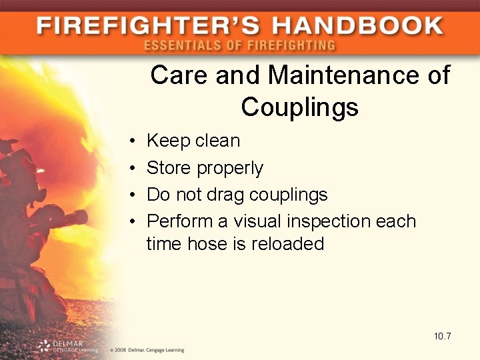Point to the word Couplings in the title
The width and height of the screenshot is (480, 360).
coord(299,107)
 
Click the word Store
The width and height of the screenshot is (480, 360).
coord(168,167)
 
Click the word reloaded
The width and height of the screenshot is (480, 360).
coord(287,244)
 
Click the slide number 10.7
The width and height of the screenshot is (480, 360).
coord(442,336)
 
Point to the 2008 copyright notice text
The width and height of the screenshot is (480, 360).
coord(146,349)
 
